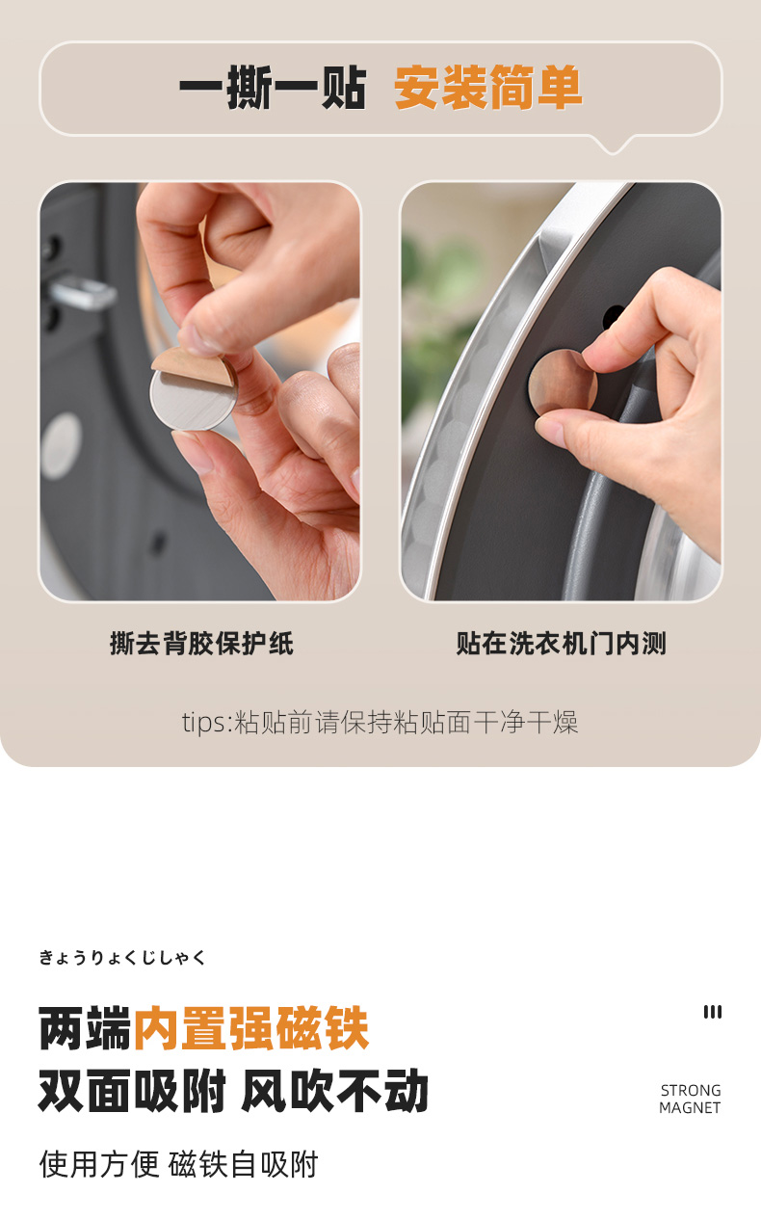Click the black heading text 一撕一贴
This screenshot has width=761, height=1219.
(x=273, y=88)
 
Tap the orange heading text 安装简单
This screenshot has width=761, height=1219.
(x=488, y=88)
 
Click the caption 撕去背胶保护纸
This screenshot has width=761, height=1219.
(x=201, y=644)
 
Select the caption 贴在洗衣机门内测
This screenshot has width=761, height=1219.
(x=561, y=644)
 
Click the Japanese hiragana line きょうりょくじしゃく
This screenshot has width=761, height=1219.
(x=122, y=957)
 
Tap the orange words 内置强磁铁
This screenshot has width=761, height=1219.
(x=251, y=1028)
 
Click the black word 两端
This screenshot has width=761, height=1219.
(x=86, y=1028)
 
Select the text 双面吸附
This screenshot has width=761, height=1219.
(x=132, y=1091)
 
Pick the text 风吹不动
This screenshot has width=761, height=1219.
(x=334, y=1091)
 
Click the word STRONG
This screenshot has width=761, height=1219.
(x=691, y=1091)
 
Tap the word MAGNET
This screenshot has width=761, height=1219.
(x=690, y=1107)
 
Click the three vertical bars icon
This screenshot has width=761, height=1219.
(x=713, y=1012)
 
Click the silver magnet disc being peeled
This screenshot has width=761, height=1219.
(x=193, y=400)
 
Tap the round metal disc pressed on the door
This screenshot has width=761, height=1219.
(x=562, y=384)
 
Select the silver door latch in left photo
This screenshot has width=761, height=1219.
(x=82, y=292)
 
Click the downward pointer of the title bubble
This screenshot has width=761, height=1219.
(x=613, y=146)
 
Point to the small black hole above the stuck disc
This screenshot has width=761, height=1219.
(x=614, y=317)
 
